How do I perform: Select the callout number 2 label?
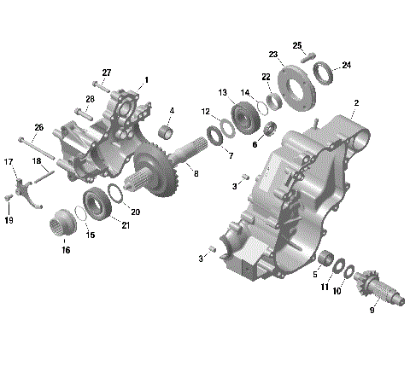355,102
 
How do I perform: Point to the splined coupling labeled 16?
63,224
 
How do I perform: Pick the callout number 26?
38,128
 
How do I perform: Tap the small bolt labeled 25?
311,56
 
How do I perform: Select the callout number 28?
90,100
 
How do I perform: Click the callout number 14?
245,93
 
